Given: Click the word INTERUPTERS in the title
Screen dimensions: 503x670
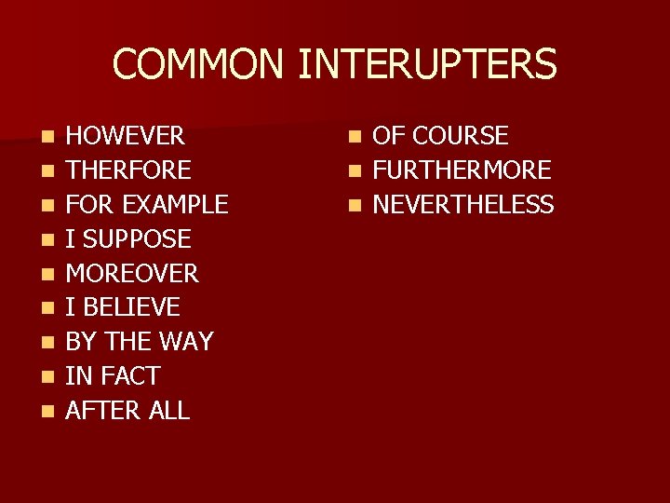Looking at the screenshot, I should pyautogui.click(x=428, y=64).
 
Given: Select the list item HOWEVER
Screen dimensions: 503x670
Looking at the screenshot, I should pyautogui.click(x=125, y=136).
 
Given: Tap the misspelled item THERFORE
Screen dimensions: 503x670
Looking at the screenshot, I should pyautogui.click(x=128, y=170).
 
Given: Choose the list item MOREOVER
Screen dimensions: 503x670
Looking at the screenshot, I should pyautogui.click(x=132, y=274).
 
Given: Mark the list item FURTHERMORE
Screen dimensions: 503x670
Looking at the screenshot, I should pyautogui.click(x=462, y=170).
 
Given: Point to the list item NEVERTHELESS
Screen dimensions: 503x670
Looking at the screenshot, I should pyautogui.click(x=463, y=205).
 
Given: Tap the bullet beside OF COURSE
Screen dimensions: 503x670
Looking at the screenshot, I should pyautogui.click(x=354, y=138).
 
